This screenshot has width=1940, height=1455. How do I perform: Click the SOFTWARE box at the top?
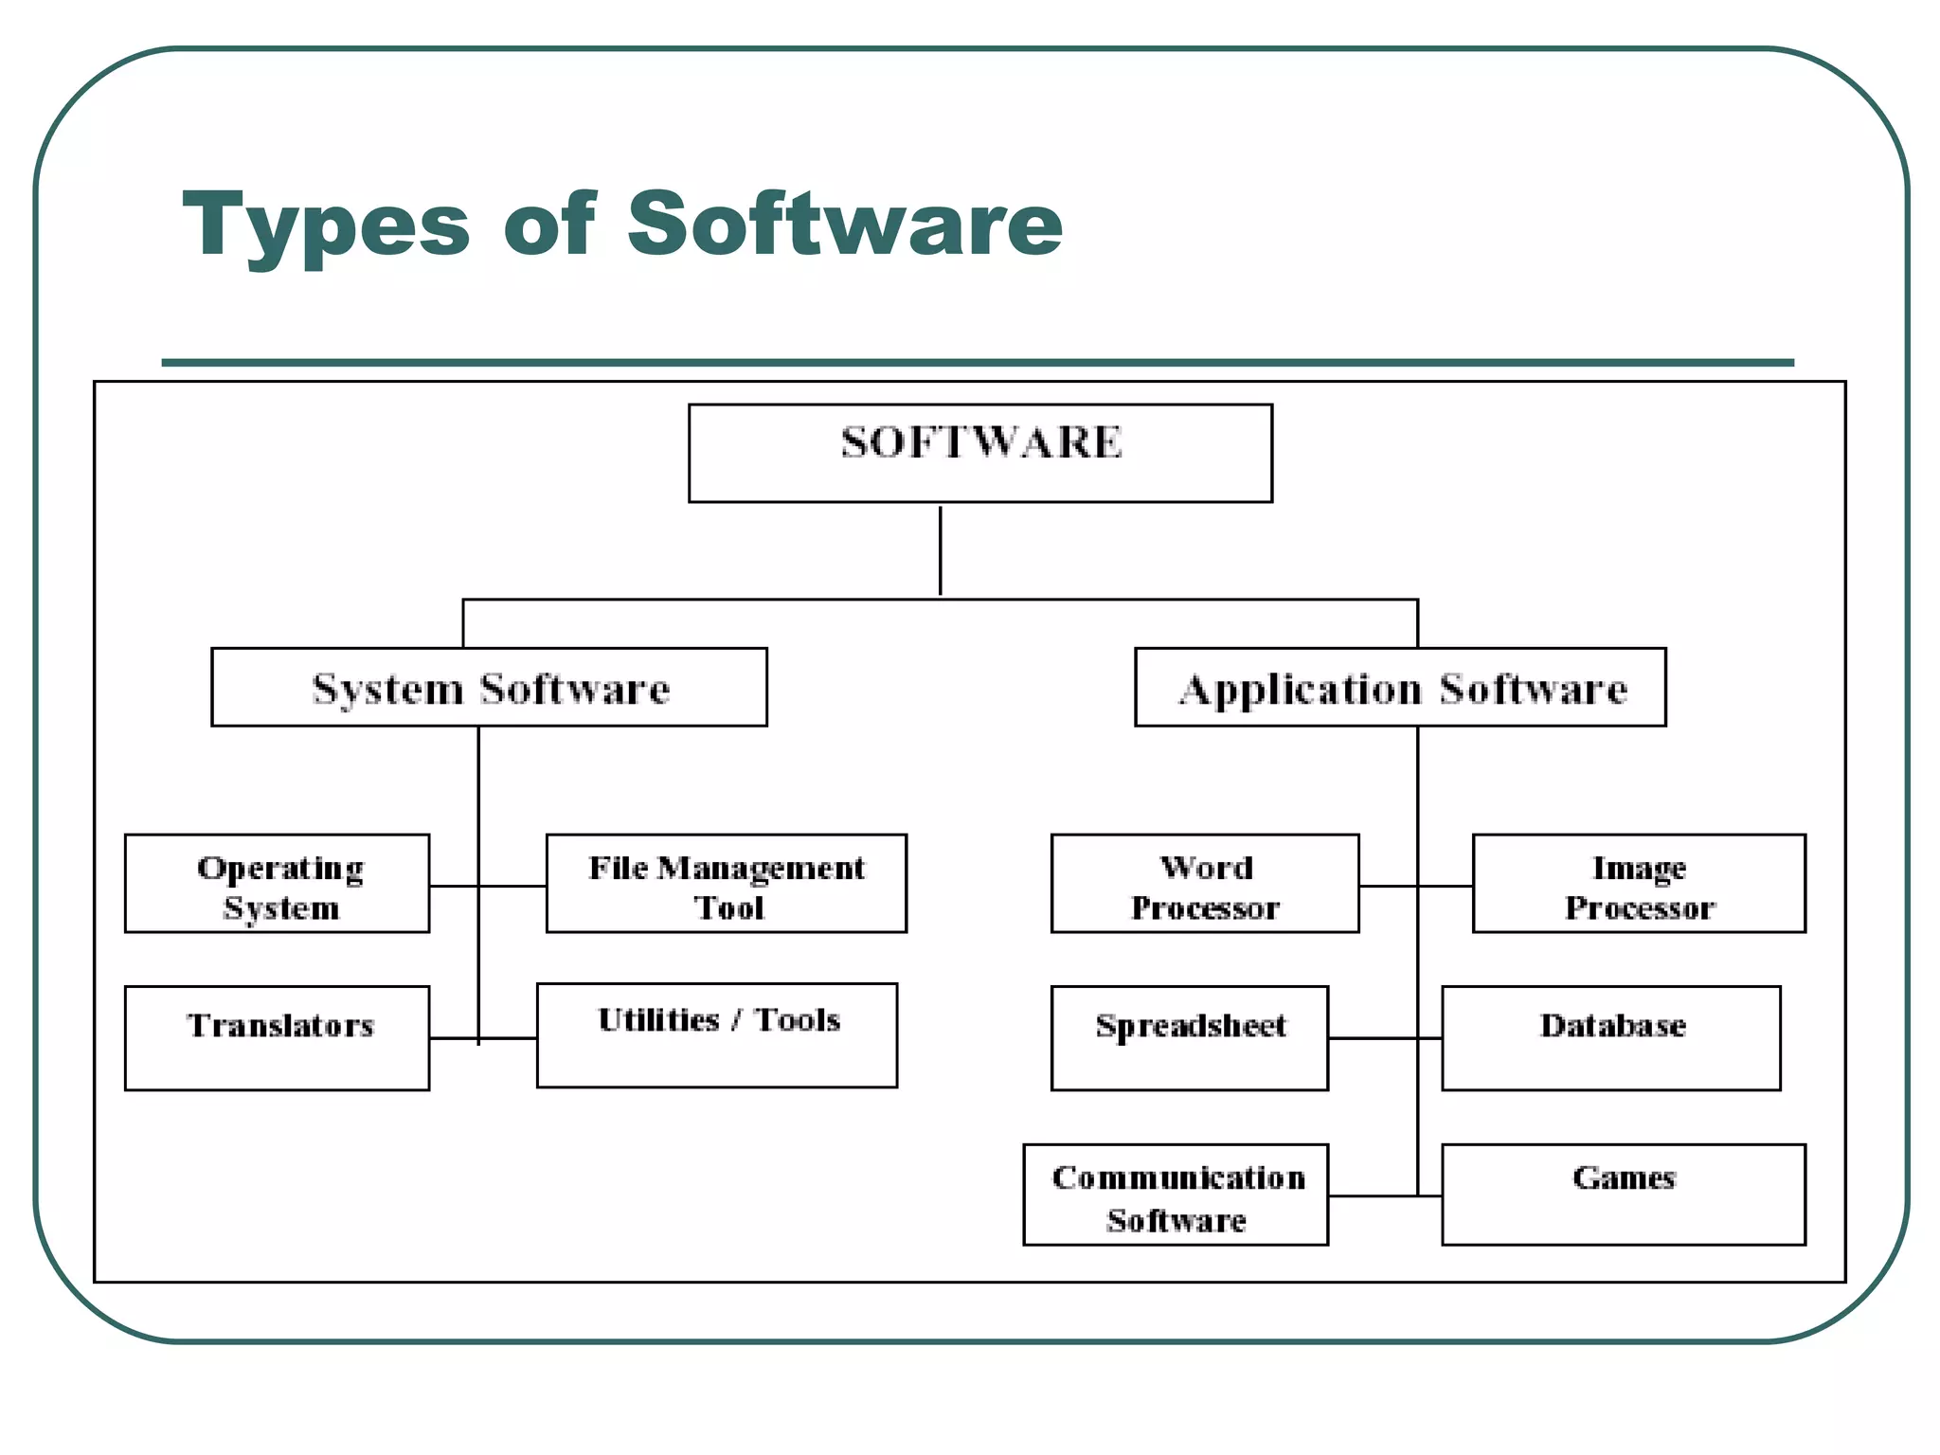click(x=979, y=453)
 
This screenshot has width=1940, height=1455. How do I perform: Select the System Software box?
click(x=489, y=687)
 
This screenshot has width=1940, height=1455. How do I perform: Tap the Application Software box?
click(x=1400, y=687)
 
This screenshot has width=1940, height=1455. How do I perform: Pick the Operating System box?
click(x=277, y=884)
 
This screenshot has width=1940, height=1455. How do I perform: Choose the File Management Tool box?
click(x=727, y=884)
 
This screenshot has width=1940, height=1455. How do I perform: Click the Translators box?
click(x=277, y=1038)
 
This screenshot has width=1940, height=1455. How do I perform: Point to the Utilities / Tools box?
click(x=717, y=1035)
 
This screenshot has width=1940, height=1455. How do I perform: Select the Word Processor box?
click(x=1205, y=884)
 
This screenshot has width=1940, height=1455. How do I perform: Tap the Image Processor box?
click(x=1639, y=884)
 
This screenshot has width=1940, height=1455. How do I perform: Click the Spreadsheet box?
click(x=1190, y=1038)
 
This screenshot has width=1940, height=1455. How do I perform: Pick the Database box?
click(x=1611, y=1038)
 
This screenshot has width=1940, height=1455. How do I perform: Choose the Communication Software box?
click(x=1176, y=1195)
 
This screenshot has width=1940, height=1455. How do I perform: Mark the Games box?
click(x=1624, y=1195)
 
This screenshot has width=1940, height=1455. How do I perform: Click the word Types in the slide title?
click(x=326, y=225)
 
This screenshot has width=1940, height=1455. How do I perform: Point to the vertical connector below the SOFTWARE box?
click(x=940, y=550)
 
